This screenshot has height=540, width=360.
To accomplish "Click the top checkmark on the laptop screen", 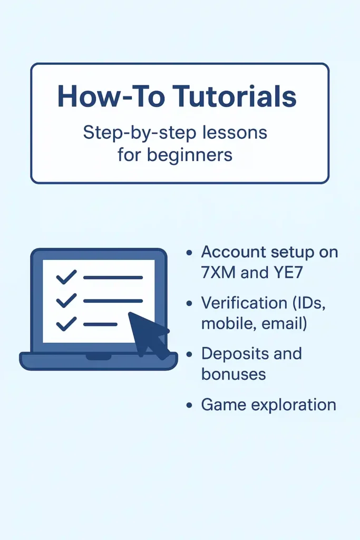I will point(66,277).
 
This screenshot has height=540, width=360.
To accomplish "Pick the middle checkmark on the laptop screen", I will point(66,301).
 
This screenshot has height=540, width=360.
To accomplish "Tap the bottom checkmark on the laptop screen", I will point(66,324).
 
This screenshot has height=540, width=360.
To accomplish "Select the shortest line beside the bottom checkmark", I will point(100,324).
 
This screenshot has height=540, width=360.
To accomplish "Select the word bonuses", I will point(233,374).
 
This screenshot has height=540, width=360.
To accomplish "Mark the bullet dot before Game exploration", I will point(189,406).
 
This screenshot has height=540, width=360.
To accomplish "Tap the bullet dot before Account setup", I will point(189,253).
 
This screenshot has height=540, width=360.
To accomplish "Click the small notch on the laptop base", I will point(98,357).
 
